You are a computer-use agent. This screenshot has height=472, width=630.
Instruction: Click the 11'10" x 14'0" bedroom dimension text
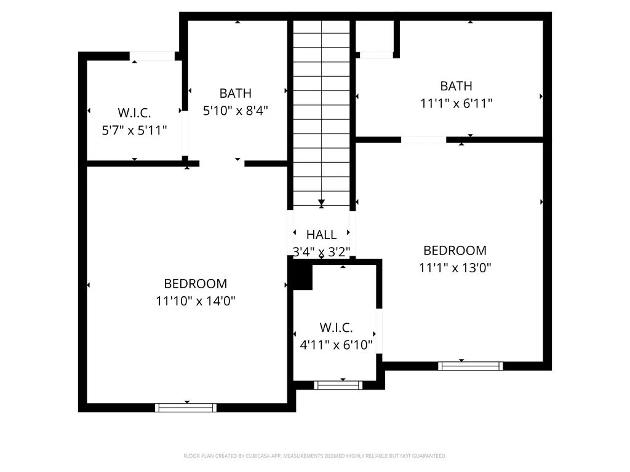tap(196, 301)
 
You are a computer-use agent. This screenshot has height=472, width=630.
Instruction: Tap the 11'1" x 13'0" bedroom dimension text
tap(455, 267)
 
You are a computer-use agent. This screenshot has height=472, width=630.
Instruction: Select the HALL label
tap(321, 234)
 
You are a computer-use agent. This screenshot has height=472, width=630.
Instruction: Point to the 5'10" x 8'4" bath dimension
tap(236, 111)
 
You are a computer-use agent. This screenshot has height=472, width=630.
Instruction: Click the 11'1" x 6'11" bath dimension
tap(457, 103)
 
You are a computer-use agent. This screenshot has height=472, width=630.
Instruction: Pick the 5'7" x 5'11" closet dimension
tap(134, 130)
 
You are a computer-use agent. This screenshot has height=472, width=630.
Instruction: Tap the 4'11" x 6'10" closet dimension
tap(337, 345)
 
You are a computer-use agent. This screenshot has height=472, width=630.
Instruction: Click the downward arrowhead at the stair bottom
tap(321, 202)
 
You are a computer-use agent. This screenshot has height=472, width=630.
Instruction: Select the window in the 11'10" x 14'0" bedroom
tap(186, 408)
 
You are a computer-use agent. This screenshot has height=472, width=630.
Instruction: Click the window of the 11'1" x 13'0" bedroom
tap(470, 366)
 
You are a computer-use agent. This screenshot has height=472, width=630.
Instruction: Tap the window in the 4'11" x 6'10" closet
tap(338, 385)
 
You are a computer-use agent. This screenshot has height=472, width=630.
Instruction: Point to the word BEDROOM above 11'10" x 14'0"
tap(196, 284)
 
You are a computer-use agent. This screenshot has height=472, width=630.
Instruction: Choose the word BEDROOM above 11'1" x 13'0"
tap(455, 251)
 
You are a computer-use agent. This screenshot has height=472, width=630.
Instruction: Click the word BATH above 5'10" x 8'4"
tap(236, 93)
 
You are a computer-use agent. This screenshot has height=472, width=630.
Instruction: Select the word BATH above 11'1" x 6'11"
tap(457, 86)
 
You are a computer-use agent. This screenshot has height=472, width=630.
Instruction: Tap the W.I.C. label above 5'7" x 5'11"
tap(134, 113)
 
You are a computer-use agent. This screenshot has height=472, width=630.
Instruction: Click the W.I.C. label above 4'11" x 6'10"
tap(337, 328)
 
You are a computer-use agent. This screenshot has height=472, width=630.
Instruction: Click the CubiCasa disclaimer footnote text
tap(315, 456)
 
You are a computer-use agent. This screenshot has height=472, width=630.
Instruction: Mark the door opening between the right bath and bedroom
tap(423, 140)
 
